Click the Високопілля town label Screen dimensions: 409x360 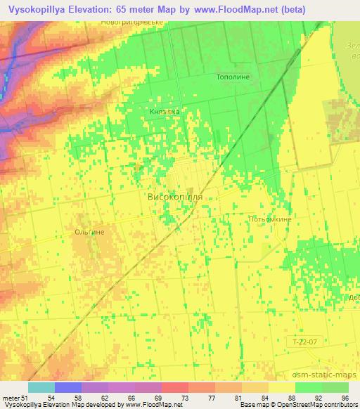click(176, 197)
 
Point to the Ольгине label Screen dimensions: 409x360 click(89, 231)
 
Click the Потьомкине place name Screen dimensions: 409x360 click(270, 219)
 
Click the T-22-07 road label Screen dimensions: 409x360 click(306, 342)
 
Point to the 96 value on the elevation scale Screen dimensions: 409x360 click(345, 398)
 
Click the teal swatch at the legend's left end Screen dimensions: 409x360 click(41, 387)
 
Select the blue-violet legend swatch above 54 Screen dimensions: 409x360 click(67, 387)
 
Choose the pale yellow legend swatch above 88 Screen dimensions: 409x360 click(281, 387)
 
